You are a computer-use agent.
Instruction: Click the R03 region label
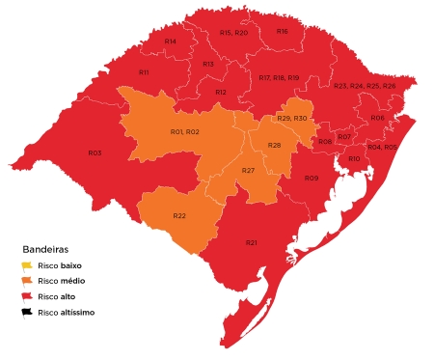pyautogui.click(x=95, y=152)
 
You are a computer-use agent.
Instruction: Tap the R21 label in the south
pyautogui.click(x=251, y=241)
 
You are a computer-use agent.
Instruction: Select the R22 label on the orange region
pyautogui.click(x=179, y=215)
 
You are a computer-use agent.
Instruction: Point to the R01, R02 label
pyautogui.click(x=184, y=131)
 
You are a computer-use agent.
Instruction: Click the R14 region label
pyautogui.click(x=170, y=42)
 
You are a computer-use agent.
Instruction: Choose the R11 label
pyautogui.click(x=143, y=72)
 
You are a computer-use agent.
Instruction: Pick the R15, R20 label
pyautogui.click(x=233, y=33)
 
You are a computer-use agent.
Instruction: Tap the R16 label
pyautogui.click(x=282, y=31)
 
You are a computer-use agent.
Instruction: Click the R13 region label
pyautogui.click(x=207, y=64)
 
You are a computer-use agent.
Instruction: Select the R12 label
pyautogui.click(x=220, y=92)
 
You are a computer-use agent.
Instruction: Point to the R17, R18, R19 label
pyautogui.click(x=279, y=77)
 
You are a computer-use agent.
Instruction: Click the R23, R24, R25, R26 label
pyautogui.click(x=365, y=86)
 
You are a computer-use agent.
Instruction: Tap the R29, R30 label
pyautogui.click(x=291, y=117)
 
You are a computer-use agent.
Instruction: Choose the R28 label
pyautogui.click(x=274, y=145)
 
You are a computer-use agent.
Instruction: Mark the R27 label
pyautogui.click(x=248, y=170)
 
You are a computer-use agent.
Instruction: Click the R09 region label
pyautogui.click(x=311, y=179)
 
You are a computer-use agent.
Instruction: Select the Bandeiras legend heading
pyautogui.click(x=49, y=249)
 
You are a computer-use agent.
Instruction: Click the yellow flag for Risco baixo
pyautogui.click(x=28, y=265)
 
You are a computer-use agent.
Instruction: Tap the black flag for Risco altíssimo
pyautogui.click(x=28, y=313)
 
